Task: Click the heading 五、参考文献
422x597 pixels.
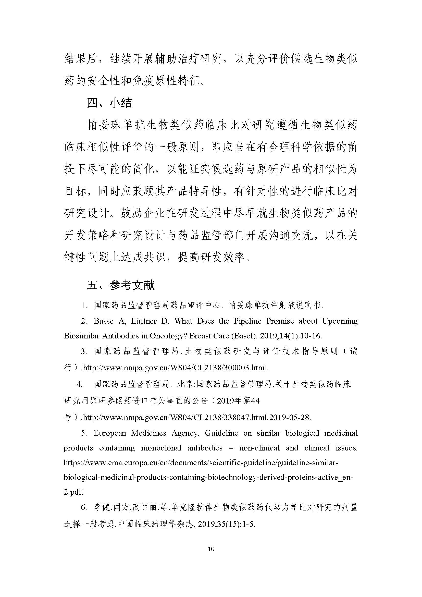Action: tap(121, 285)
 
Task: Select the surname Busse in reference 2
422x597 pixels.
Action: tap(103, 321)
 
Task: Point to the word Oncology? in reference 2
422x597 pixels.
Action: tap(168, 336)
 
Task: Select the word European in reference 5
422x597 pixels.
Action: tap(110, 433)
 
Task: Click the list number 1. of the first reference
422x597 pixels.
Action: tap(84, 306)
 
